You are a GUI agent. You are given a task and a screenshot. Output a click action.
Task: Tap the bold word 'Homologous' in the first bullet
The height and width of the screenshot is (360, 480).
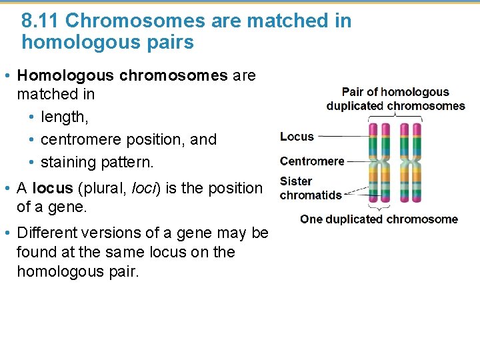click(x=65, y=75)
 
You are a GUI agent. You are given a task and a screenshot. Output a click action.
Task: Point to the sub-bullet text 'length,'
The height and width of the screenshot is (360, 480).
click(x=64, y=117)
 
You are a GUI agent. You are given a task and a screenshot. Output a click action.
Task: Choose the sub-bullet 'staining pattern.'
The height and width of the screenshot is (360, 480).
click(x=97, y=162)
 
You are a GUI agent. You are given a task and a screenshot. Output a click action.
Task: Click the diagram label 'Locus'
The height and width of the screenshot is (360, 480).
click(x=297, y=137)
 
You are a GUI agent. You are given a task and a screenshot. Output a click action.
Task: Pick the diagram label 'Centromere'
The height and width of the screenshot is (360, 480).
click(x=312, y=161)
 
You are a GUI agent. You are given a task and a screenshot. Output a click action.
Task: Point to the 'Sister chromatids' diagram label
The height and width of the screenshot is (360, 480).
click(x=310, y=188)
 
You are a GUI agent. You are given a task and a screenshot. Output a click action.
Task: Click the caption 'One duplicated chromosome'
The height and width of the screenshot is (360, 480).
click(x=379, y=219)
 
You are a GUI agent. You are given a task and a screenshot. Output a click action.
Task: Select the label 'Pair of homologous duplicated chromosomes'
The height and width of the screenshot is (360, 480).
click(x=395, y=99)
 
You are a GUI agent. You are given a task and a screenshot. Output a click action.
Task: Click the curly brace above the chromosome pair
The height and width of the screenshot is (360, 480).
click(x=395, y=116)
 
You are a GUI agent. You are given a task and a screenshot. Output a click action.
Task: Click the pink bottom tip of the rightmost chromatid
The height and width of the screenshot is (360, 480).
click(x=417, y=199)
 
